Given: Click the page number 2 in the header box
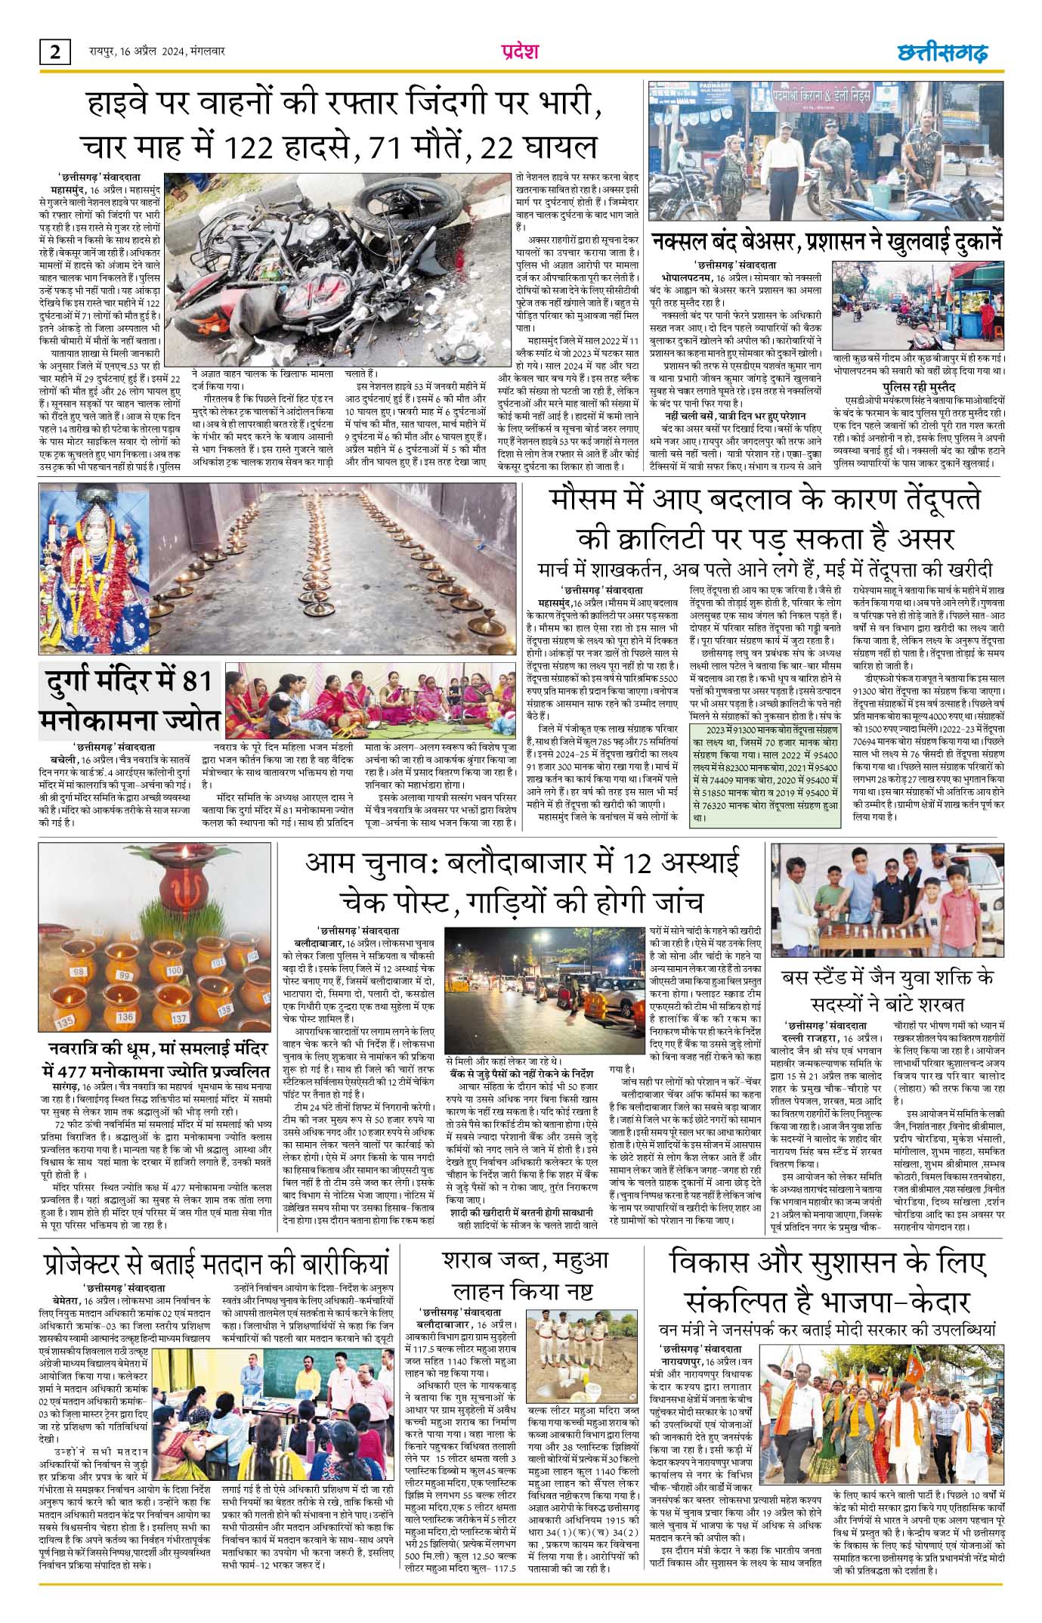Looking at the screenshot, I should [x=55, y=52].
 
